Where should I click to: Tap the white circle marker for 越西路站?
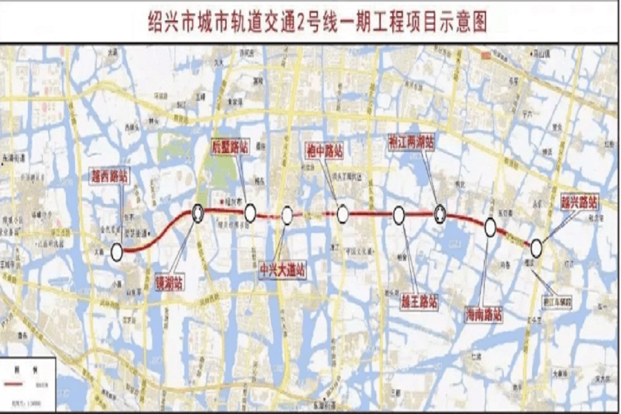coord(117,252)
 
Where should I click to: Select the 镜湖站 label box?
coord(169,284)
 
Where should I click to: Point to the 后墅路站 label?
coord(230,147)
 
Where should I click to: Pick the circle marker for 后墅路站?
coord(250,212)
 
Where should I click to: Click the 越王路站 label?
coord(420,301)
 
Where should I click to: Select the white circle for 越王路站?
coord(398,215)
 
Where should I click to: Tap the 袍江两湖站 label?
coord(411,143)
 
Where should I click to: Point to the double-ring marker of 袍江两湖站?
coord(440,213)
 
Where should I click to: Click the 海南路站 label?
coord(483,315)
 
